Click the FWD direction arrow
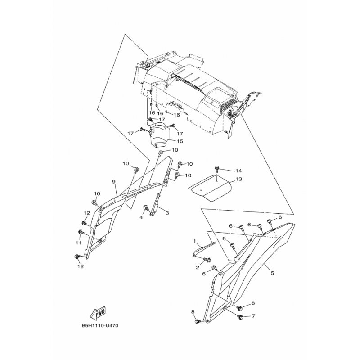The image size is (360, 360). (98, 313)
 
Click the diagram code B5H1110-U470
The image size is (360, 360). (100, 326)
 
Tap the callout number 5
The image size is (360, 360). (272, 273)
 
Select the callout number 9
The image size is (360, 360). (114, 182)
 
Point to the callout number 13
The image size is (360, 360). (239, 179)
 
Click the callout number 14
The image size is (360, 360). (239, 171)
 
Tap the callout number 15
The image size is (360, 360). (180, 141)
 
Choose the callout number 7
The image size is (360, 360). (253, 316)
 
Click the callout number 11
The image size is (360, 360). (78, 243)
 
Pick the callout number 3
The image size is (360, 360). (167, 213)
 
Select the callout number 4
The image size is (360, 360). (141, 217)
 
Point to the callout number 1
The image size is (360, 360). (195, 241)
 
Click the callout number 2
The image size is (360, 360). (198, 267)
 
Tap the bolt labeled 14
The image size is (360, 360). (217, 170)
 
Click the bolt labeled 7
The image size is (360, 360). (241, 317)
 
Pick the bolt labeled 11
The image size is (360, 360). (81, 232)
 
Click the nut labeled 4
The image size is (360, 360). (145, 207)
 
